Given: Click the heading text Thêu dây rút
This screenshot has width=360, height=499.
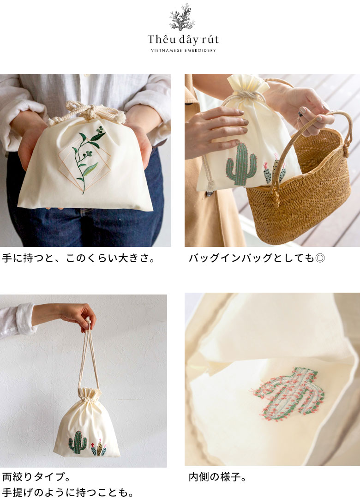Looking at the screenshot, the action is (x=183, y=40).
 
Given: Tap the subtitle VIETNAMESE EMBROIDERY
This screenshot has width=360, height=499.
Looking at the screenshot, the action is (x=183, y=50).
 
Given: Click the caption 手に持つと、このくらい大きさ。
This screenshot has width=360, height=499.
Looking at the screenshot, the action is (x=78, y=258).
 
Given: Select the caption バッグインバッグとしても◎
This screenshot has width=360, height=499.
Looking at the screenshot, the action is (x=257, y=258).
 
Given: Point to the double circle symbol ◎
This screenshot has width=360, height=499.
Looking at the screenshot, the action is (x=320, y=258).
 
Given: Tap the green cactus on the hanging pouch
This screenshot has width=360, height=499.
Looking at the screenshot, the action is (x=78, y=442).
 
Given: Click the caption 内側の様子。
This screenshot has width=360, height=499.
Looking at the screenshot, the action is (x=217, y=477).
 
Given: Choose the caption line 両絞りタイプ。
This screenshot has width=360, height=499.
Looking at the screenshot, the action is (x=36, y=477).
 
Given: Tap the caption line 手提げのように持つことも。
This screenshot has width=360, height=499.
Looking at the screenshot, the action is (x=68, y=493).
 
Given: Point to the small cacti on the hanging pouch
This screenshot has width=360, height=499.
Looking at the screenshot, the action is (x=99, y=447).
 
